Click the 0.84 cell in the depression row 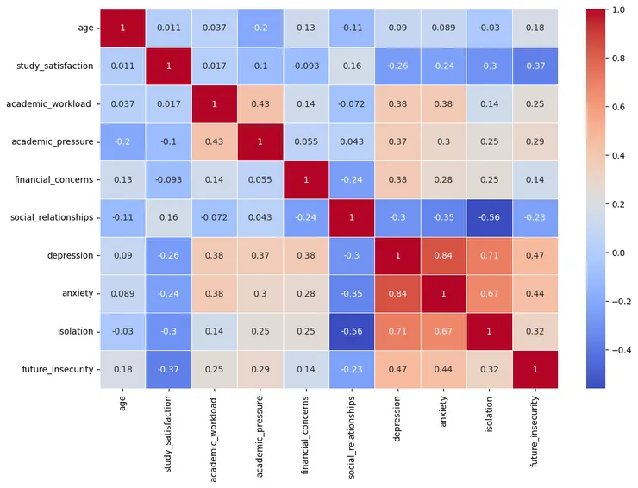(448, 257)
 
